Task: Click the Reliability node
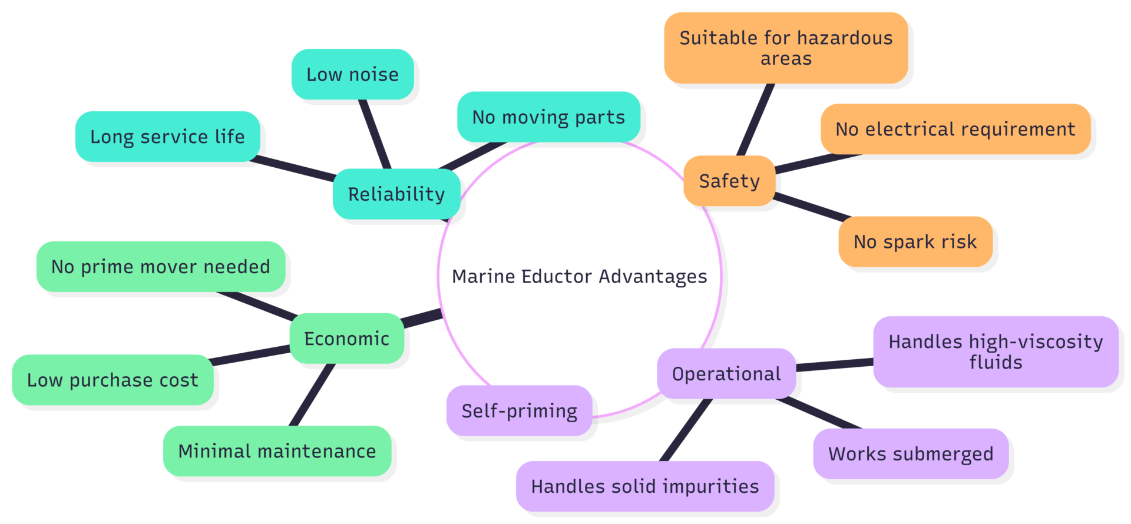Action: [x=396, y=194]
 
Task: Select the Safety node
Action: [x=729, y=181]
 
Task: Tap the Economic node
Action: [x=346, y=339]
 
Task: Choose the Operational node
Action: [x=726, y=374]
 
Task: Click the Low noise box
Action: [x=352, y=75]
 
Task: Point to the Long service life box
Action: [x=167, y=137]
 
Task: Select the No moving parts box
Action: [x=548, y=117]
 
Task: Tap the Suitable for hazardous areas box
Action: [x=786, y=48]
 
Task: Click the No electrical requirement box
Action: [x=955, y=129]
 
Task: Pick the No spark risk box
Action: [x=915, y=241]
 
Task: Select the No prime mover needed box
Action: [x=160, y=267]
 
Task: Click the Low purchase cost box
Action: [x=113, y=380]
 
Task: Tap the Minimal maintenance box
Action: [x=277, y=451]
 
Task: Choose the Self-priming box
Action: [x=519, y=411]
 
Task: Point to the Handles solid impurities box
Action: [x=644, y=486]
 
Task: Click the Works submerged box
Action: [x=911, y=454]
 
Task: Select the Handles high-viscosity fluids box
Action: [x=996, y=351]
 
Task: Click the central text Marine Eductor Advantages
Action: [x=579, y=276]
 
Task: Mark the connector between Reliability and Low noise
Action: [x=375, y=134]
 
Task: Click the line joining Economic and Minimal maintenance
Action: [x=313, y=394]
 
